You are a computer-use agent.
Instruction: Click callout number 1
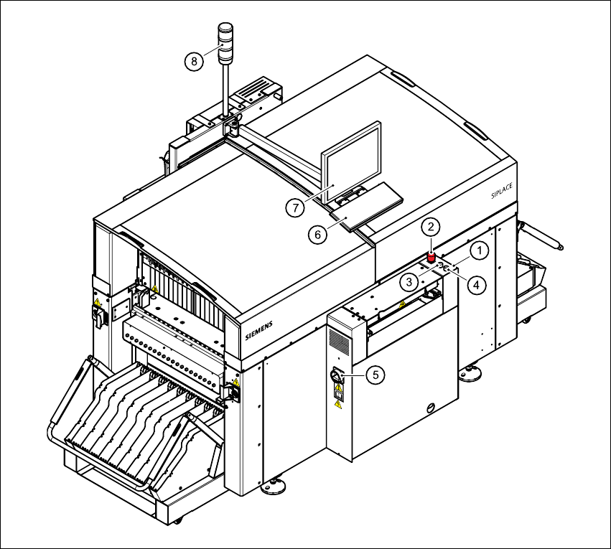[x=480, y=250]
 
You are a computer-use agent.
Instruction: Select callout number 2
[x=430, y=227]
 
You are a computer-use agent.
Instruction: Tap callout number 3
[x=409, y=281]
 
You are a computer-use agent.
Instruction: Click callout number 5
[x=374, y=374]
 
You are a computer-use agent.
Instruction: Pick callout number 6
[x=313, y=234]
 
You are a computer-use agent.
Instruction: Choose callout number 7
[x=293, y=207]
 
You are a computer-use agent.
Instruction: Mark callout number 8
[x=193, y=61]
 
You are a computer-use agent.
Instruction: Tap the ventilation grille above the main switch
[x=340, y=343]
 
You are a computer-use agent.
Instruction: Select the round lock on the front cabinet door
[x=430, y=407]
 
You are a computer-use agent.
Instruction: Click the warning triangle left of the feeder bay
[x=154, y=291]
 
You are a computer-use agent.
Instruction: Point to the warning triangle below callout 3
[x=402, y=304]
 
